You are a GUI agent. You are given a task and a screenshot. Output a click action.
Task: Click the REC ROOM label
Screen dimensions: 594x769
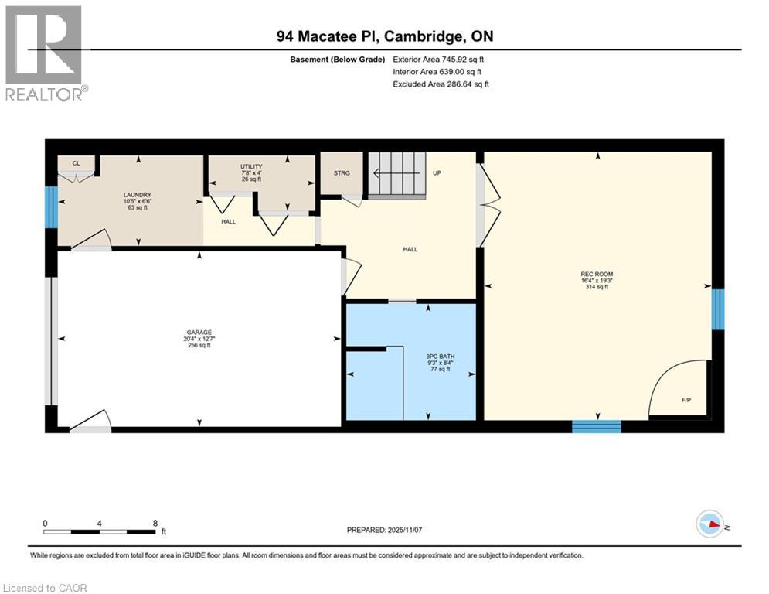coord(597,274)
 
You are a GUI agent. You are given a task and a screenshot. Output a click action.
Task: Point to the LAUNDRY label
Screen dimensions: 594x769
coord(137,195)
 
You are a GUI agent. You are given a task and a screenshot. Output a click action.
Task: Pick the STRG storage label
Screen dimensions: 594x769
coord(342,173)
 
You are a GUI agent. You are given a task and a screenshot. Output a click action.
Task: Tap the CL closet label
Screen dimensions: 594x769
coord(76,163)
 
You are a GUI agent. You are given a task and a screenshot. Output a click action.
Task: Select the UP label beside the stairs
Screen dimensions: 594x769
coord(437,173)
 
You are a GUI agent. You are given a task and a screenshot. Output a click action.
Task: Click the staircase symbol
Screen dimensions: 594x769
coord(396,175)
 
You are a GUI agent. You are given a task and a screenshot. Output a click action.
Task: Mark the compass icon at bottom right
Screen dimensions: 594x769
coord(709,525)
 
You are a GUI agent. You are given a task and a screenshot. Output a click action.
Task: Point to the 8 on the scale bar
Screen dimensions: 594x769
coord(155,523)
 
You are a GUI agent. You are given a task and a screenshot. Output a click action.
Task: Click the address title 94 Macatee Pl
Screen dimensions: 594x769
coord(384,36)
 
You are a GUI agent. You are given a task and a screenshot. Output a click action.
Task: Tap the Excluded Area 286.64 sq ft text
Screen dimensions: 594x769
coord(441,84)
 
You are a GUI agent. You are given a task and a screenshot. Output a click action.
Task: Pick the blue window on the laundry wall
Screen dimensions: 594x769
coord(51,207)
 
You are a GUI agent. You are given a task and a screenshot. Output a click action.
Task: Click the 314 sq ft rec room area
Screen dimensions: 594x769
coord(597,287)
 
